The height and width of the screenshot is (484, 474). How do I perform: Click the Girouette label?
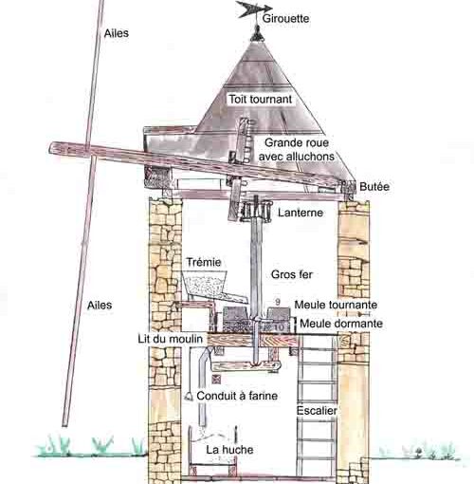coord(285,18)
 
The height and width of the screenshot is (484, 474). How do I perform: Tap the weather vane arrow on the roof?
coord(254,9)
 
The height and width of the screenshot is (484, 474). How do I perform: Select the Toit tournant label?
coord(261,99)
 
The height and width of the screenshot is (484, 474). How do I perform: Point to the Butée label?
coord(374,186)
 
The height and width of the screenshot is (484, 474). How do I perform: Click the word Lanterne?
coord(301,213)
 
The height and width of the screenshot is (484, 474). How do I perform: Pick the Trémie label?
coord(204,262)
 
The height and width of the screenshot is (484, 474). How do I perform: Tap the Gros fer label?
coord(292,274)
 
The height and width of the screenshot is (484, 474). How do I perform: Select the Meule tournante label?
coord(336,305)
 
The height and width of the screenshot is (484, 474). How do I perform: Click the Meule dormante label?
coord(341,324)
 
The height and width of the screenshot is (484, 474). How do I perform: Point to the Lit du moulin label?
coord(170,339)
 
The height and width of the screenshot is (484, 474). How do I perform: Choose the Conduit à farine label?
coord(237,396)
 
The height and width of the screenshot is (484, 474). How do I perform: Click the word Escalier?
coord(317,410)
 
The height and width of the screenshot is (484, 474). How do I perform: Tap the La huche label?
coord(229,449)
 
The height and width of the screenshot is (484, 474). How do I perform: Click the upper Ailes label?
coord(117,33)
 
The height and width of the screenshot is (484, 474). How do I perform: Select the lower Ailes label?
coord(100,305)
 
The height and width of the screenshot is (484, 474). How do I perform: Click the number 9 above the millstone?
coord(278,302)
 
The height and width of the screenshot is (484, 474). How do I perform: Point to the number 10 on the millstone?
coord(279,327)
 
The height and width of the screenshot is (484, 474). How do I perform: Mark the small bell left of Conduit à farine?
coord(189,396)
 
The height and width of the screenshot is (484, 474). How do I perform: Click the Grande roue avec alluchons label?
coord(297,149)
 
